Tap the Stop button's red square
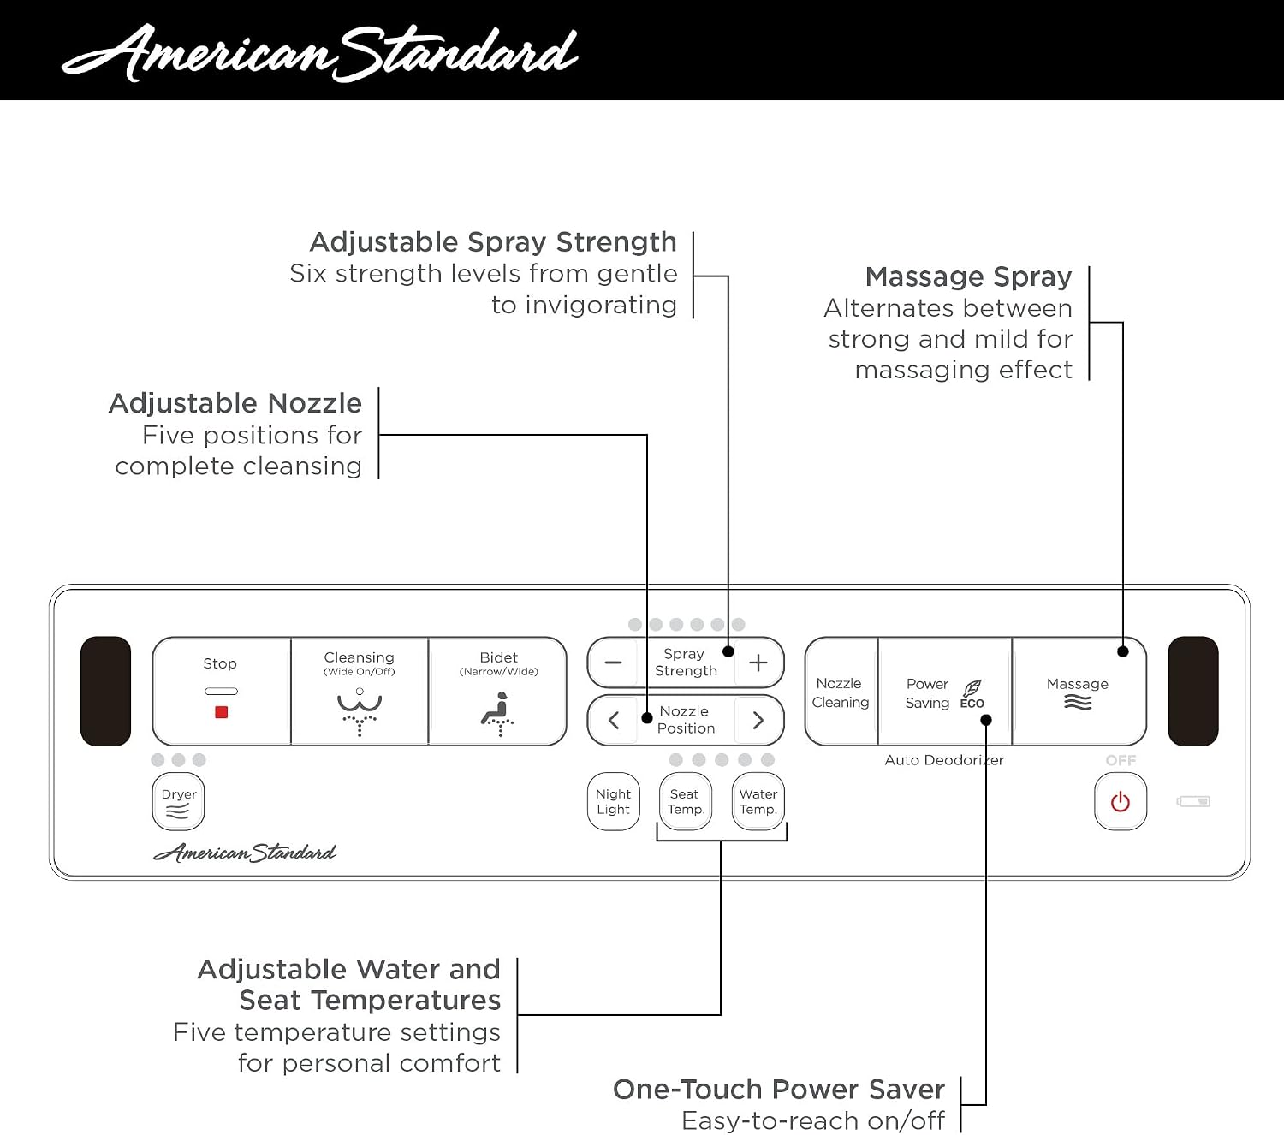(221, 712)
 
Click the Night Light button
(614, 802)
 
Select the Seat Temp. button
(686, 802)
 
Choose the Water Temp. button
(758, 802)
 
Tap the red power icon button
(1121, 802)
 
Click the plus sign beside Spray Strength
(758, 663)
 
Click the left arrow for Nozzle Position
(614, 721)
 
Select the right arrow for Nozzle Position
(758, 721)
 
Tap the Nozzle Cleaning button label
(841, 692)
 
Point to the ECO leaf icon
(972, 688)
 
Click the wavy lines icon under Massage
(1078, 702)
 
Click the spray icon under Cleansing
(360, 712)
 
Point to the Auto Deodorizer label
(944, 760)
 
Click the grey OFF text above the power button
(1121, 760)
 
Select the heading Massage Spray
(968, 277)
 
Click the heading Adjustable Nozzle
(235, 403)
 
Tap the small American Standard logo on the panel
(245, 853)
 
